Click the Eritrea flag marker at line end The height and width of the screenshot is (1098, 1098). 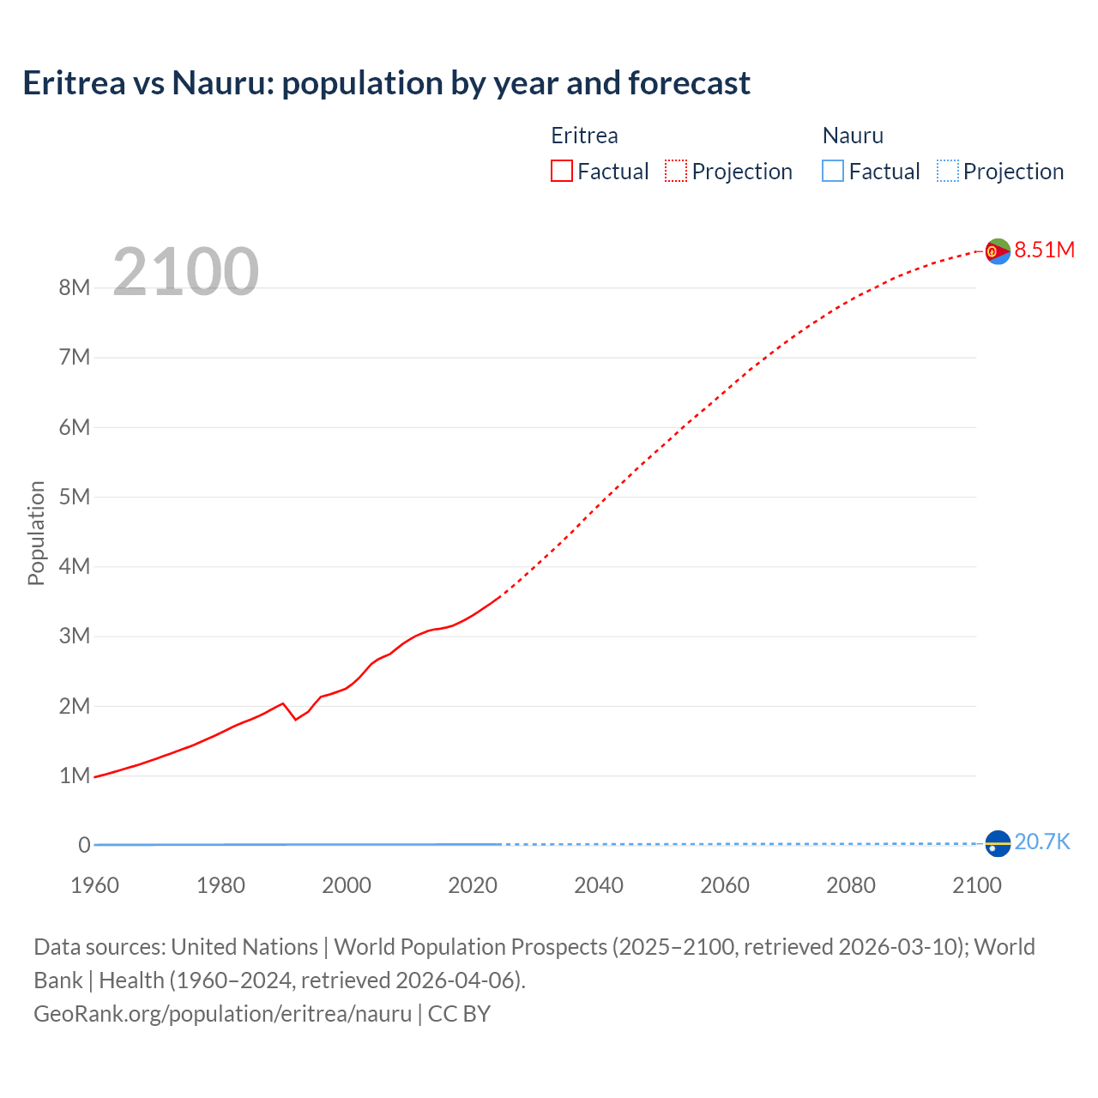click(998, 251)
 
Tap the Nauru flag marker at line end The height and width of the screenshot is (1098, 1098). click(998, 844)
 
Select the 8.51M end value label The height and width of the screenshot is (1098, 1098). click(1044, 250)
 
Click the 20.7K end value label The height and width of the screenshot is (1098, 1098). click(1042, 842)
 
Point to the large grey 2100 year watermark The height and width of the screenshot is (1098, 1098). click(185, 272)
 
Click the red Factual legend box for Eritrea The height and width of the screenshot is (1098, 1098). click(562, 171)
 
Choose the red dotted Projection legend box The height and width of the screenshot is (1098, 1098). click(676, 171)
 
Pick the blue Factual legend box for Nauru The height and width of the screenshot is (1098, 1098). click(833, 171)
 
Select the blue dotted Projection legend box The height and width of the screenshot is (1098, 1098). click(948, 171)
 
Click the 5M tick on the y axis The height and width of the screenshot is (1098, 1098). click(75, 497)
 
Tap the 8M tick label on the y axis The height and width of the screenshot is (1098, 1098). click(75, 287)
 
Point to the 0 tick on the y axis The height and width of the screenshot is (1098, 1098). click(84, 845)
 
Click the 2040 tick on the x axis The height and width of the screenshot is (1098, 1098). click(599, 885)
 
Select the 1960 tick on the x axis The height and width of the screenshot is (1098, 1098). click(94, 885)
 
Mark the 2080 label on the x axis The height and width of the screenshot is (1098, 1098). click(851, 885)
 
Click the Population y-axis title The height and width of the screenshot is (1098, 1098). click(36, 533)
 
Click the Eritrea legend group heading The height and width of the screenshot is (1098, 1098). click(584, 136)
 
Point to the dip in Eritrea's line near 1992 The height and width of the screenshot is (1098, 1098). click(296, 719)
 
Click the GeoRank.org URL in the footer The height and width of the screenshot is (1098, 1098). click(223, 1014)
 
